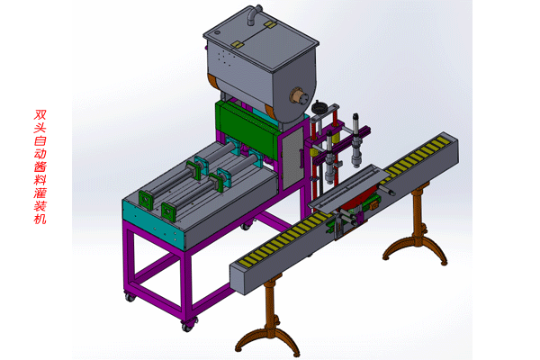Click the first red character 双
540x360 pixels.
point(40,115)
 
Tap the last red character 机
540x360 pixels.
point(40,219)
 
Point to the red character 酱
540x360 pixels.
point(40,166)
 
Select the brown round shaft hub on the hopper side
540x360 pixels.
point(298,95)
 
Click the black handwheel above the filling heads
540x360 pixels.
point(319,108)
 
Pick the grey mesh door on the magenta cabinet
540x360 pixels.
point(292,157)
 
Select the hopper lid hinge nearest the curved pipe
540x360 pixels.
point(270,24)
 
